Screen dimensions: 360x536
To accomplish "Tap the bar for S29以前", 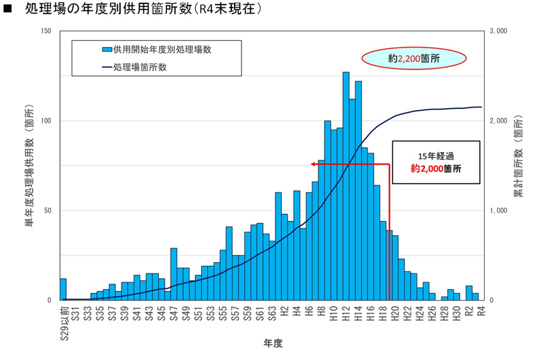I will pyautogui.click(x=63, y=289).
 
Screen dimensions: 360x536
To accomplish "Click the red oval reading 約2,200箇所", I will pyautogui.click(x=409, y=59).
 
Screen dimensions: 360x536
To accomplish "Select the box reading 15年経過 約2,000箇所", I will pyautogui.click(x=435, y=162).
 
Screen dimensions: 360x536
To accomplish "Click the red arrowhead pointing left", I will pyautogui.click(x=314, y=163).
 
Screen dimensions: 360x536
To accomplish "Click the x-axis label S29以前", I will pyautogui.click(x=63, y=318).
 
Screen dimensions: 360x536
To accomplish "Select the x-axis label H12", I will pyautogui.click(x=346, y=312).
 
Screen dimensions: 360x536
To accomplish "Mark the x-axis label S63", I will pyautogui.click(x=272, y=313).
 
